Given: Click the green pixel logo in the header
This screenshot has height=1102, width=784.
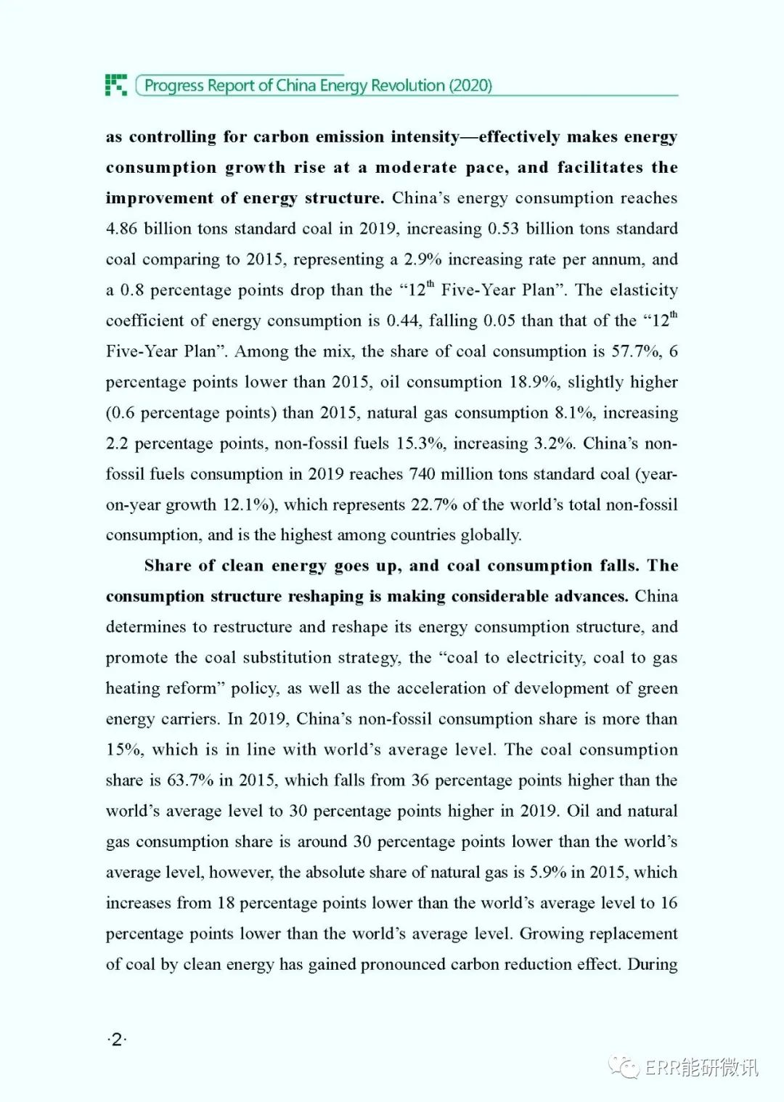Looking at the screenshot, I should click(116, 85).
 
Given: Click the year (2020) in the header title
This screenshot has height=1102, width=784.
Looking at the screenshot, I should click(470, 86).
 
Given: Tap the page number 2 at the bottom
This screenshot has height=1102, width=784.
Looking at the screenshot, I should click(116, 1040).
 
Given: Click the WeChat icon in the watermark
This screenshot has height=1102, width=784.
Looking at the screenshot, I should click(624, 1066).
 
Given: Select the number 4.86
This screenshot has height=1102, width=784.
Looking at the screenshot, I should click(121, 229).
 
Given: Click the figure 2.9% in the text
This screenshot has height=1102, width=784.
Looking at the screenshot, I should click(422, 259).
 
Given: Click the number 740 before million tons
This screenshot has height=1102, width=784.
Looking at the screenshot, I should click(422, 474).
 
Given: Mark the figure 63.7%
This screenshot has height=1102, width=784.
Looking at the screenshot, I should click(190, 780).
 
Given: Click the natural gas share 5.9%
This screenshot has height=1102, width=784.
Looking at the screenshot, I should click(547, 872).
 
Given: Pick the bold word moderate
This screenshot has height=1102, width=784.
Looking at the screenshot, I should click(416, 168).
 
